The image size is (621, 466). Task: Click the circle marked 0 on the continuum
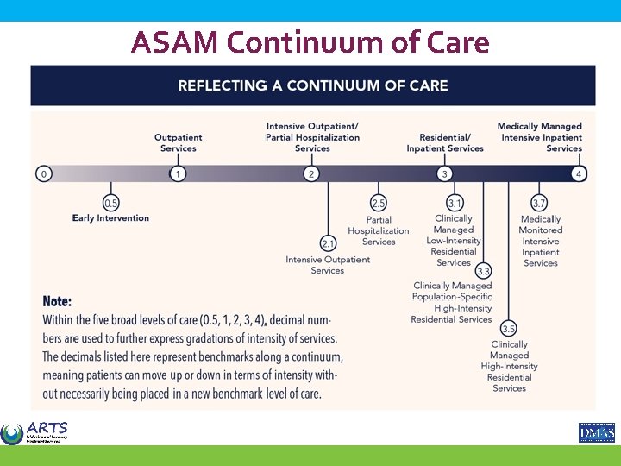pyautogui.click(x=44, y=173)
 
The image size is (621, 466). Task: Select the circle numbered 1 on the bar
pyautogui.click(x=178, y=173)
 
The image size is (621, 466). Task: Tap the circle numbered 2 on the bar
pyautogui.click(x=311, y=173)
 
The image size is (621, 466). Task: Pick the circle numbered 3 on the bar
pyautogui.click(x=444, y=173)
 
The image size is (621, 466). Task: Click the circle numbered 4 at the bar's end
pyautogui.click(x=579, y=173)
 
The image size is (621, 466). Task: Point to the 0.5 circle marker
pyautogui.click(x=111, y=204)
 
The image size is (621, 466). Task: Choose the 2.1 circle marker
pyautogui.click(x=328, y=243)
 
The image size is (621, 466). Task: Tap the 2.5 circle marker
pyautogui.click(x=378, y=203)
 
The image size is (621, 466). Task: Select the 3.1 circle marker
pyautogui.click(x=455, y=203)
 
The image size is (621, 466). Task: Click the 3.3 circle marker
pyautogui.click(x=483, y=271)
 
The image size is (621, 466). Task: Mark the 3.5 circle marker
pyautogui.click(x=509, y=329)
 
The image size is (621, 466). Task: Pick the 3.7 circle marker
pyautogui.click(x=539, y=203)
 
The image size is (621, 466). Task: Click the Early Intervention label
pyautogui.click(x=110, y=218)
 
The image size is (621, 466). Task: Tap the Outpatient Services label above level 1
pyautogui.click(x=179, y=142)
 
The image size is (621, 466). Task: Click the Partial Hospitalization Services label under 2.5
pyautogui.click(x=379, y=230)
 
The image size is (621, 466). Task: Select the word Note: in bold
pyautogui.click(x=58, y=302)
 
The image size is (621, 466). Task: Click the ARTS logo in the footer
pyautogui.click(x=34, y=432)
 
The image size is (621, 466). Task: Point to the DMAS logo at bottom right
pyautogui.click(x=596, y=431)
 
